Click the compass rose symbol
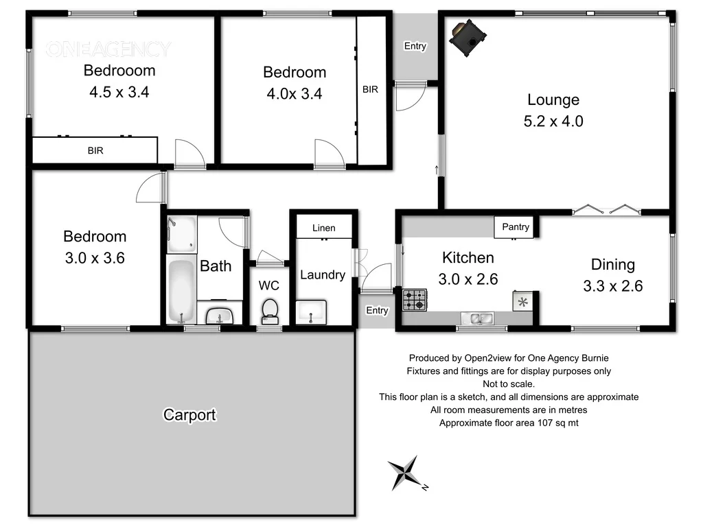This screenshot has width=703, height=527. pos(406,473)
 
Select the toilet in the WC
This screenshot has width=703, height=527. pos(270,311)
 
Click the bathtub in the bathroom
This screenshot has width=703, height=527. pos(181,291)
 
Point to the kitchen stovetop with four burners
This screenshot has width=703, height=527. pos(415,299)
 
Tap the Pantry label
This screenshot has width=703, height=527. pos(516,226)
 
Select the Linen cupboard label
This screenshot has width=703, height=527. pos(323,228)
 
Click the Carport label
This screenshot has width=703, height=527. pos(189,414)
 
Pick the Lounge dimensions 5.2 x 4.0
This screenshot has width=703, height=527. pos(553,121)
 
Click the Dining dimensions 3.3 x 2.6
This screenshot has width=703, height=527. pos(612,286)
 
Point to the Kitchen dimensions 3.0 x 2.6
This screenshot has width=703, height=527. pos(469,279)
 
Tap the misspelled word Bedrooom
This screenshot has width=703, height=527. pos(119,70)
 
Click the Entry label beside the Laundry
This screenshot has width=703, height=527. pos(377,310)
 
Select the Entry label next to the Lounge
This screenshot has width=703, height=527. pos(415,47)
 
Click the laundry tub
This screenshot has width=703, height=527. pos(312,313)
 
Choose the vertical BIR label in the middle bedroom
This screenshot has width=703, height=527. pos(370,89)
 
